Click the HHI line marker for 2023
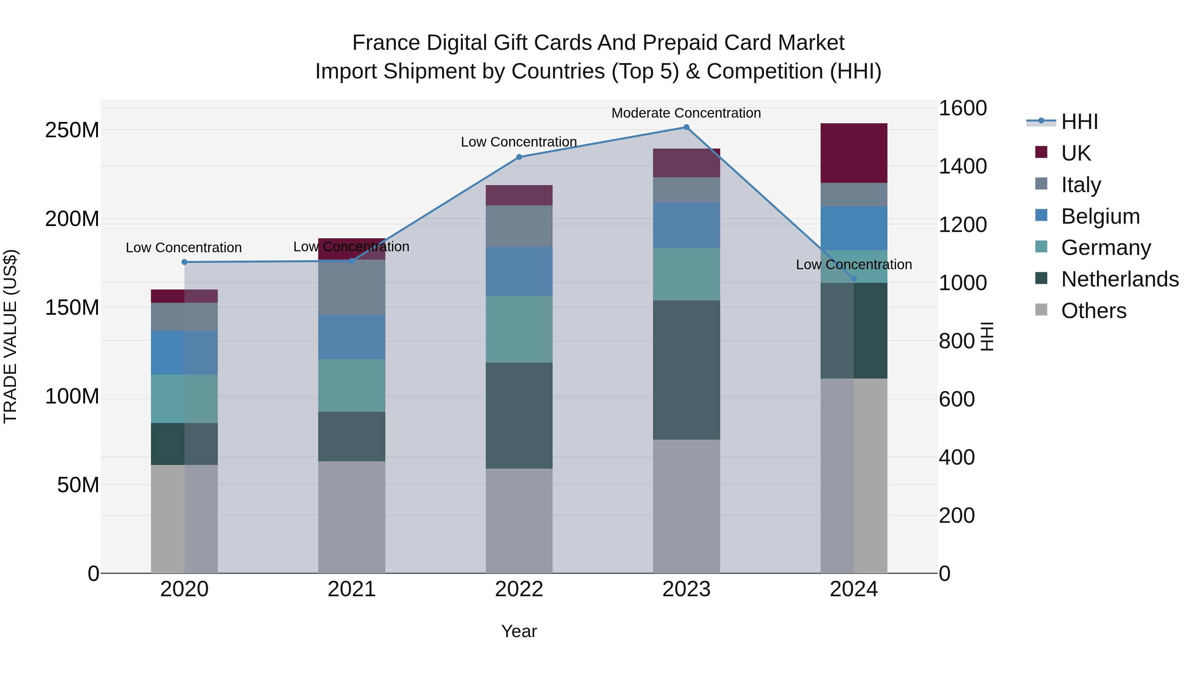(686, 127)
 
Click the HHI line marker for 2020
(185, 262)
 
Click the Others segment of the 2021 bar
(352, 516)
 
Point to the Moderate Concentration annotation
(686, 113)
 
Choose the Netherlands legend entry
(1120, 279)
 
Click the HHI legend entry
(1079, 122)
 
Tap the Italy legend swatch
(1041, 184)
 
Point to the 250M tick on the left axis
(72, 130)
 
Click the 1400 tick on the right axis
(962, 166)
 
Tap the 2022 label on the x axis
(519, 589)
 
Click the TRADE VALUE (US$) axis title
(10, 336)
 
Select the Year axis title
(519, 631)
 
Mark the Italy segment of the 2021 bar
(352, 287)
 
